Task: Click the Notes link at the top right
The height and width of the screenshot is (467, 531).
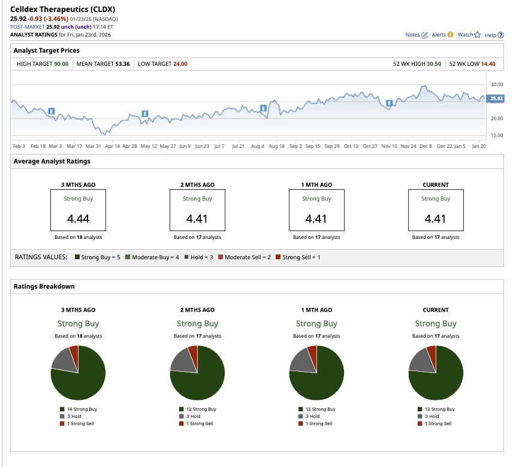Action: (417, 35)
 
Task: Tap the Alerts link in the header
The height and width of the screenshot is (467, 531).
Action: (442, 35)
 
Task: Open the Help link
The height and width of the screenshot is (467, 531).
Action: (494, 35)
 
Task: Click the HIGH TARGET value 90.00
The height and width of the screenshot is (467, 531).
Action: (61, 64)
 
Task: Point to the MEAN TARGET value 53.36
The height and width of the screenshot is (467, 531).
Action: (122, 64)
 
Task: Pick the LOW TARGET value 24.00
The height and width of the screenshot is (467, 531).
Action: (180, 64)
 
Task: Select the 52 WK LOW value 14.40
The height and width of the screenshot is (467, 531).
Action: (488, 64)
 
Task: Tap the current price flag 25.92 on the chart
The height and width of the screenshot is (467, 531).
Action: (496, 98)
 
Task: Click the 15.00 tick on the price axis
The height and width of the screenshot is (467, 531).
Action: (497, 135)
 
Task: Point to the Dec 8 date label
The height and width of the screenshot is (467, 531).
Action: (424, 145)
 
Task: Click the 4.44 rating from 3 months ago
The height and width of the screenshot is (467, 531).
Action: (78, 219)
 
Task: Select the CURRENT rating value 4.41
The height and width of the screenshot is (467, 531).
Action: (435, 219)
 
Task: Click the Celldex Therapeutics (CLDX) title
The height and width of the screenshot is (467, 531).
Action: (63, 10)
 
